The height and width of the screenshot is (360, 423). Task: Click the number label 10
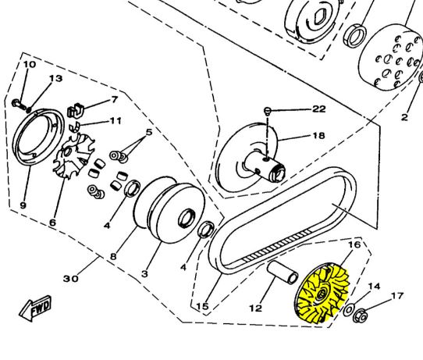coord(30,65)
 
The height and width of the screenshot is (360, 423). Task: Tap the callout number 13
coord(56,78)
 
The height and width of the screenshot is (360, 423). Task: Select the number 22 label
coord(319,109)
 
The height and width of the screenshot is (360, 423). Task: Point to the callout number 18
coord(318,135)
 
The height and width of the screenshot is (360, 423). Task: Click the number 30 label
coord(71,278)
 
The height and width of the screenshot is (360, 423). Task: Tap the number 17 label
coord(397,296)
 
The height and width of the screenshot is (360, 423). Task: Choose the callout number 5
coord(149,132)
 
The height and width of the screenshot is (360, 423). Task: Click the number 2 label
coord(404,117)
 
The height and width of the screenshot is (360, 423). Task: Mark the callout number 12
coord(256,308)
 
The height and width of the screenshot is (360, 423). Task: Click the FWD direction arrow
coord(35,308)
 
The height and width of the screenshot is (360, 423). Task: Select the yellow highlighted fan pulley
coord(322,293)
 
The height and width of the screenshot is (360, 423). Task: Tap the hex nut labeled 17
coord(361,315)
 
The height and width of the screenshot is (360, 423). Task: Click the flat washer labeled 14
coord(349,310)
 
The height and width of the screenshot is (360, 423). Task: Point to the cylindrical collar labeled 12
coord(283,273)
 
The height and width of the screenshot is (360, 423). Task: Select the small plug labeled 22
coord(267,110)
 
